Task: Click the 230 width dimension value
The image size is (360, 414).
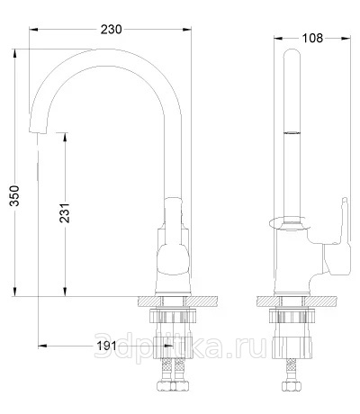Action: tap(111, 30)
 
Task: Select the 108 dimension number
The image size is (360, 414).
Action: tap(312, 38)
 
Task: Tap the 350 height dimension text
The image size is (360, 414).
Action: tap(14, 196)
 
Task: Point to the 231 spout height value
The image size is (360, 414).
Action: tap(65, 213)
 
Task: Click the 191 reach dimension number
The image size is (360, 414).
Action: tap(106, 346)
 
